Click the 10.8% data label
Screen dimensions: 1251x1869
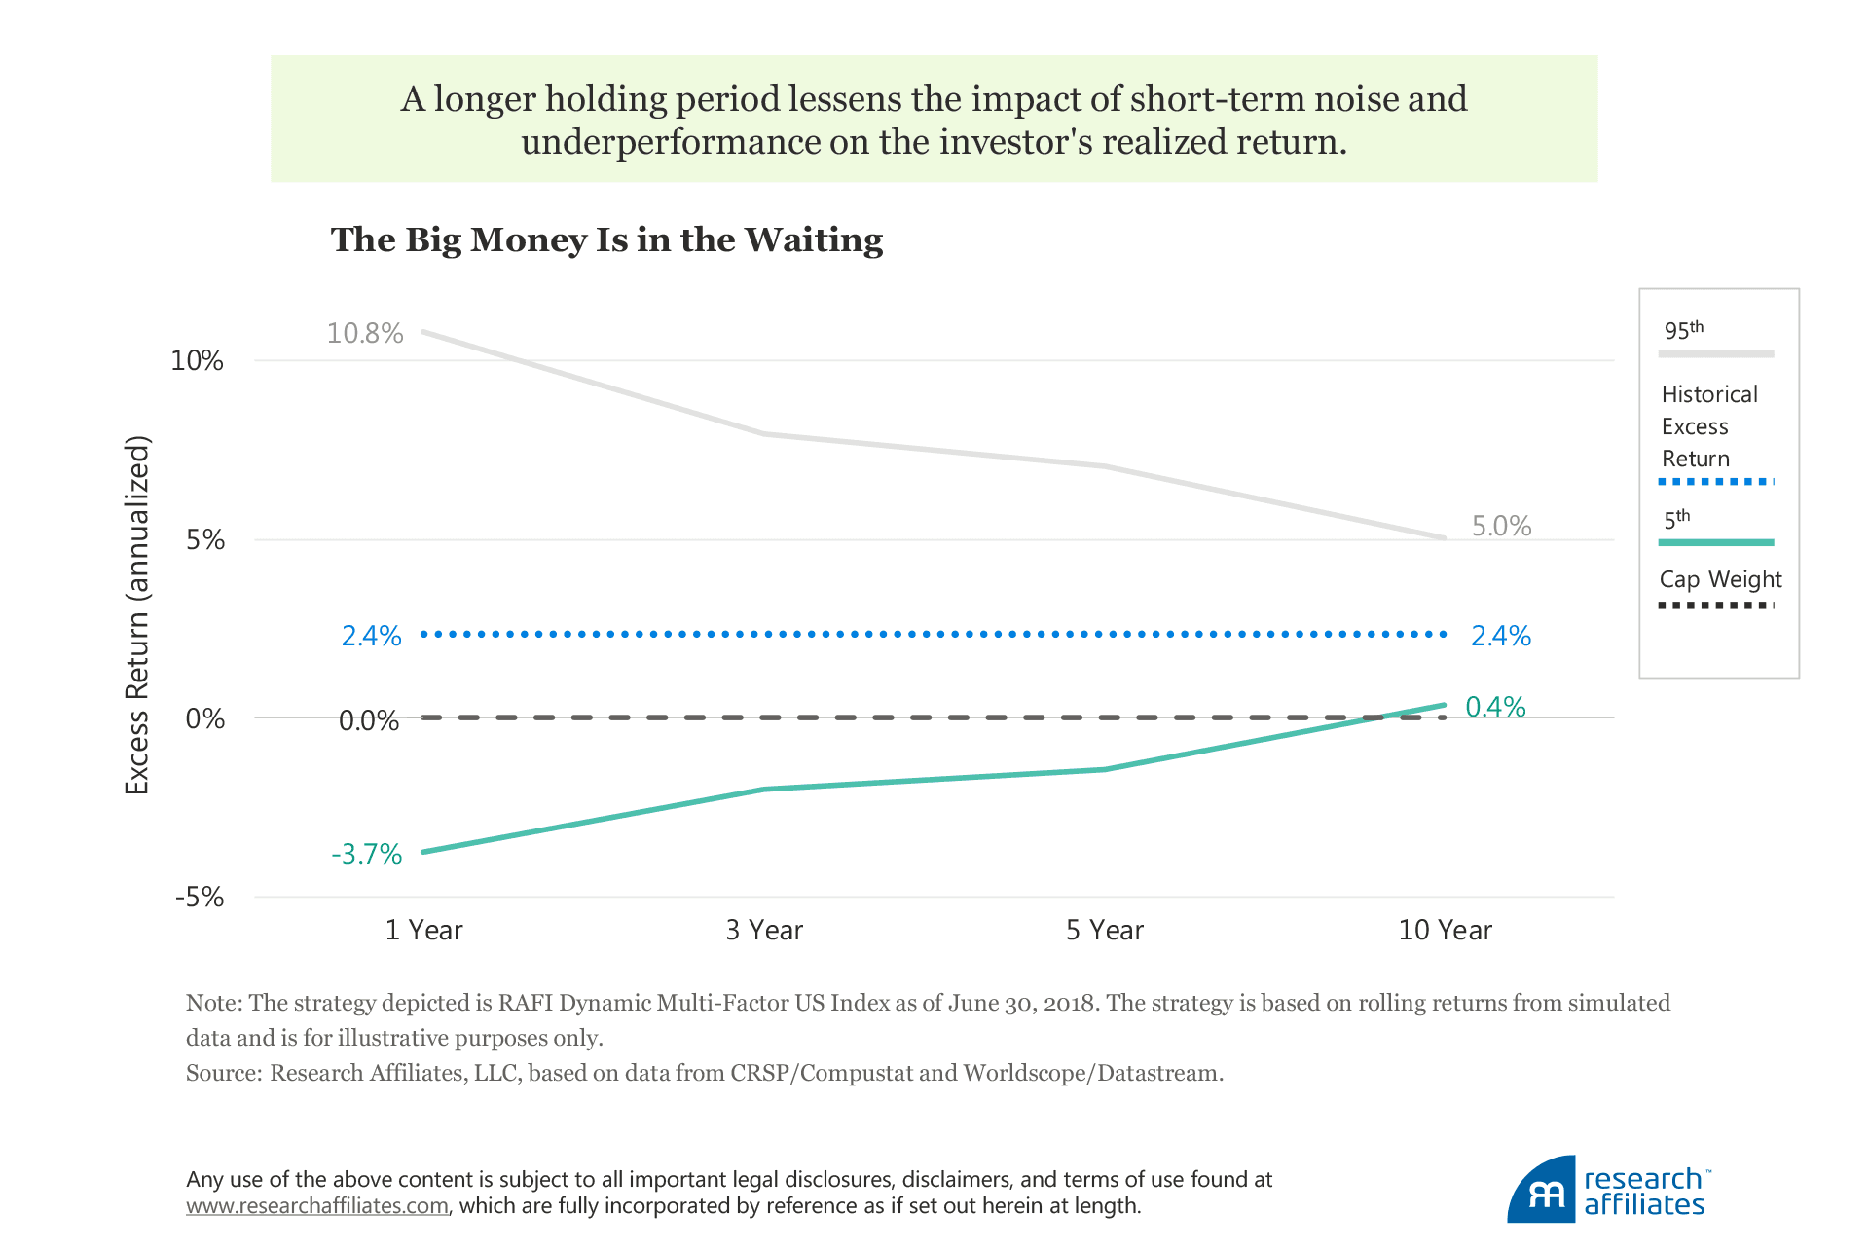click(x=365, y=333)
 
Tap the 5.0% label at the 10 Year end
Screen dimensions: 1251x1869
click(x=1501, y=526)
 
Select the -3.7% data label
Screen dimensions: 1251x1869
click(x=367, y=854)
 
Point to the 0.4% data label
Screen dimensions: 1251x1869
click(x=1495, y=706)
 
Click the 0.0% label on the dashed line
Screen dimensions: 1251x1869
click(x=369, y=720)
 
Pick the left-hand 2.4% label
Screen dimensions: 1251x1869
click(x=371, y=636)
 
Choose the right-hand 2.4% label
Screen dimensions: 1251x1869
click(x=1500, y=636)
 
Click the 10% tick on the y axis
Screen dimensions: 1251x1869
click(x=198, y=360)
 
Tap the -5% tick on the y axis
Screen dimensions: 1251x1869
click(x=200, y=897)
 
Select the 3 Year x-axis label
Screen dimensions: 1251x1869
click(x=764, y=930)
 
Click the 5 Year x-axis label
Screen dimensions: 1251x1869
click(x=1105, y=930)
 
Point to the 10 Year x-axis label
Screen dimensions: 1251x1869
click(x=1445, y=930)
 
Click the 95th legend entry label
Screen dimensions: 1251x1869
click(x=1683, y=330)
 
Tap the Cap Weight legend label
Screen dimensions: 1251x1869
click(x=1720, y=579)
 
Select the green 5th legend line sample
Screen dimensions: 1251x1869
click(x=1716, y=542)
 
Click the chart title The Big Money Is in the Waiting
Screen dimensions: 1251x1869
click(x=606, y=239)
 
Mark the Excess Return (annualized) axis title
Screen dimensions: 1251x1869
click(x=137, y=615)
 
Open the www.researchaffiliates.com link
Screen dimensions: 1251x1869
click(x=317, y=1206)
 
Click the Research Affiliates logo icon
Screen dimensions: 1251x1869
click(x=1543, y=1191)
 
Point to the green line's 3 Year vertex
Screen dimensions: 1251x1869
click(x=764, y=789)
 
